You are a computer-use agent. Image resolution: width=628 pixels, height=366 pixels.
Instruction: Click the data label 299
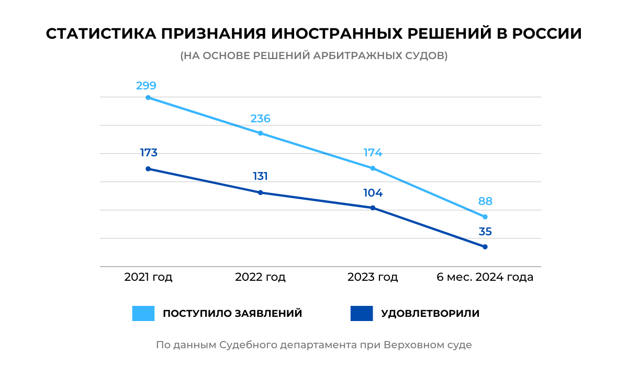(x=146, y=86)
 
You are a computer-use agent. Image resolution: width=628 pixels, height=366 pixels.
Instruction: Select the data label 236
(x=260, y=119)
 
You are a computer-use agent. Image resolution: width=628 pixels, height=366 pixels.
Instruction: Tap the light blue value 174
(x=373, y=153)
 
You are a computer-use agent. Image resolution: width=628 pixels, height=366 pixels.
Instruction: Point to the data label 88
(x=485, y=201)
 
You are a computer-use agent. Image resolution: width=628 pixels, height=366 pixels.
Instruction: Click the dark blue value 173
(x=149, y=153)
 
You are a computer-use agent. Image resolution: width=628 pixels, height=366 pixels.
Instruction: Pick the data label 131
(x=260, y=176)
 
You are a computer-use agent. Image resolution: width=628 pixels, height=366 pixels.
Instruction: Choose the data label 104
(x=373, y=193)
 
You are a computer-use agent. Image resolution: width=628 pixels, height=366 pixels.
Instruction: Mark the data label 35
(x=485, y=232)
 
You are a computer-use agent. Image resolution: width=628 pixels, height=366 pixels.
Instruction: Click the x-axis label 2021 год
(x=148, y=277)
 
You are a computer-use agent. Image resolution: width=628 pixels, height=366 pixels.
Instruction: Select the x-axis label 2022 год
(x=260, y=277)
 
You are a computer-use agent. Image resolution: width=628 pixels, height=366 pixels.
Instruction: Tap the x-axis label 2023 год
(x=373, y=277)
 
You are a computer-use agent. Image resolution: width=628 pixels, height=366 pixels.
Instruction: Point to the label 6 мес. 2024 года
(x=485, y=277)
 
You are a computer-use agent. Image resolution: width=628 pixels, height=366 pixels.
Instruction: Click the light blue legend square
(x=143, y=313)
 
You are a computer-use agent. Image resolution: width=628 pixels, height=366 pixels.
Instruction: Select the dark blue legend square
(x=362, y=313)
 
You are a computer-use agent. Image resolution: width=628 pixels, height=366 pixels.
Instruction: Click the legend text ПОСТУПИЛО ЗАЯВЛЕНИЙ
(x=232, y=314)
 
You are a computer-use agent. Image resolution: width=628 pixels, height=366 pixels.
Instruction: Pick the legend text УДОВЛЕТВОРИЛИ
(x=430, y=314)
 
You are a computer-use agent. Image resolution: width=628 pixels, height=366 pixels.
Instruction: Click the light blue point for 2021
(x=148, y=98)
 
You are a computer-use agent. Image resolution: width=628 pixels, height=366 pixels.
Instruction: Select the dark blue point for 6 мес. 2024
(x=485, y=247)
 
